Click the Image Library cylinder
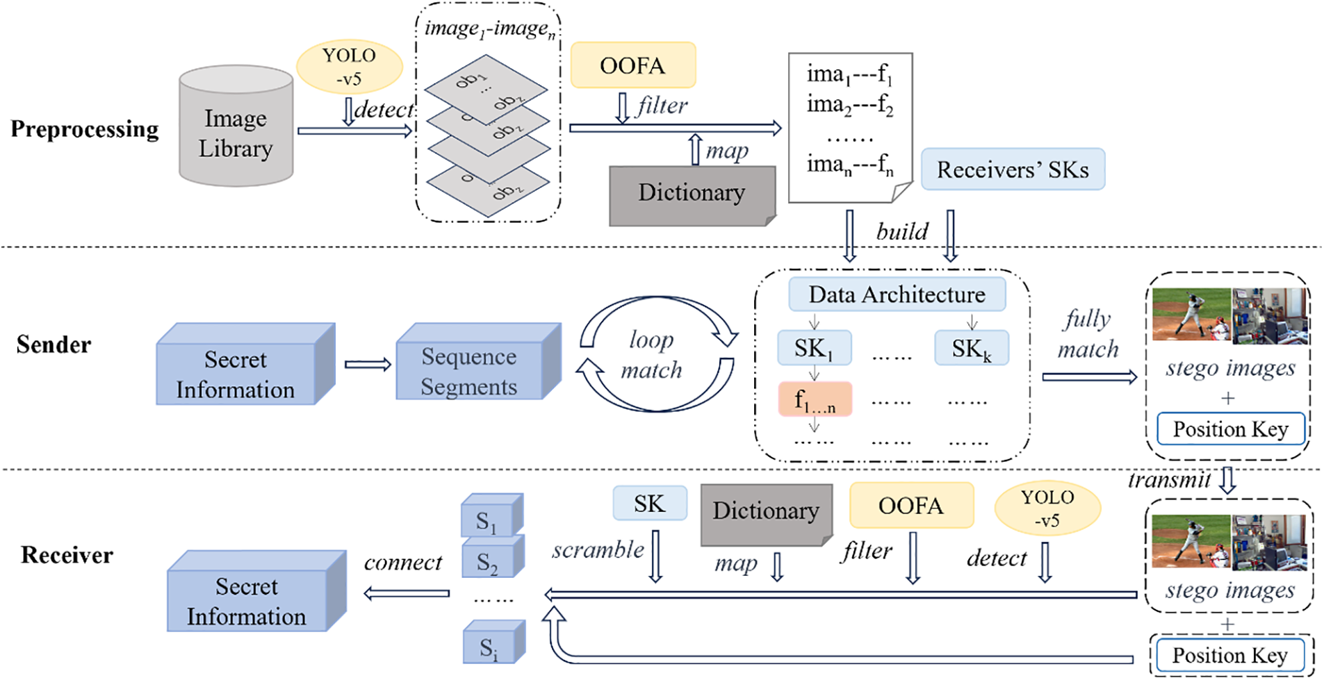[x=236, y=126]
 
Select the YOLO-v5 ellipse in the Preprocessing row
[x=350, y=67]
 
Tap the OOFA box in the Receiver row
[x=911, y=506]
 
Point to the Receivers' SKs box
[x=1013, y=169]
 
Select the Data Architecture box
[x=897, y=295]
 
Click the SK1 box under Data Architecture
[x=814, y=348]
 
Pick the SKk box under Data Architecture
[x=972, y=348]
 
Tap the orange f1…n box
[x=815, y=399]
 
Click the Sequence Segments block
[x=479, y=361]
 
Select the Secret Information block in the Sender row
[x=246, y=363]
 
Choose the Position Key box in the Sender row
[x=1231, y=429]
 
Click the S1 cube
[x=492, y=515]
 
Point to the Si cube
[x=493, y=642]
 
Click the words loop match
[x=651, y=354]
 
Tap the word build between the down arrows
[x=902, y=231]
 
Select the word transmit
[x=1170, y=480]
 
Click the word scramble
[x=598, y=550]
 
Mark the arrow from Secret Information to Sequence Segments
[x=368, y=365]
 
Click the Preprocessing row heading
[x=85, y=129]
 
